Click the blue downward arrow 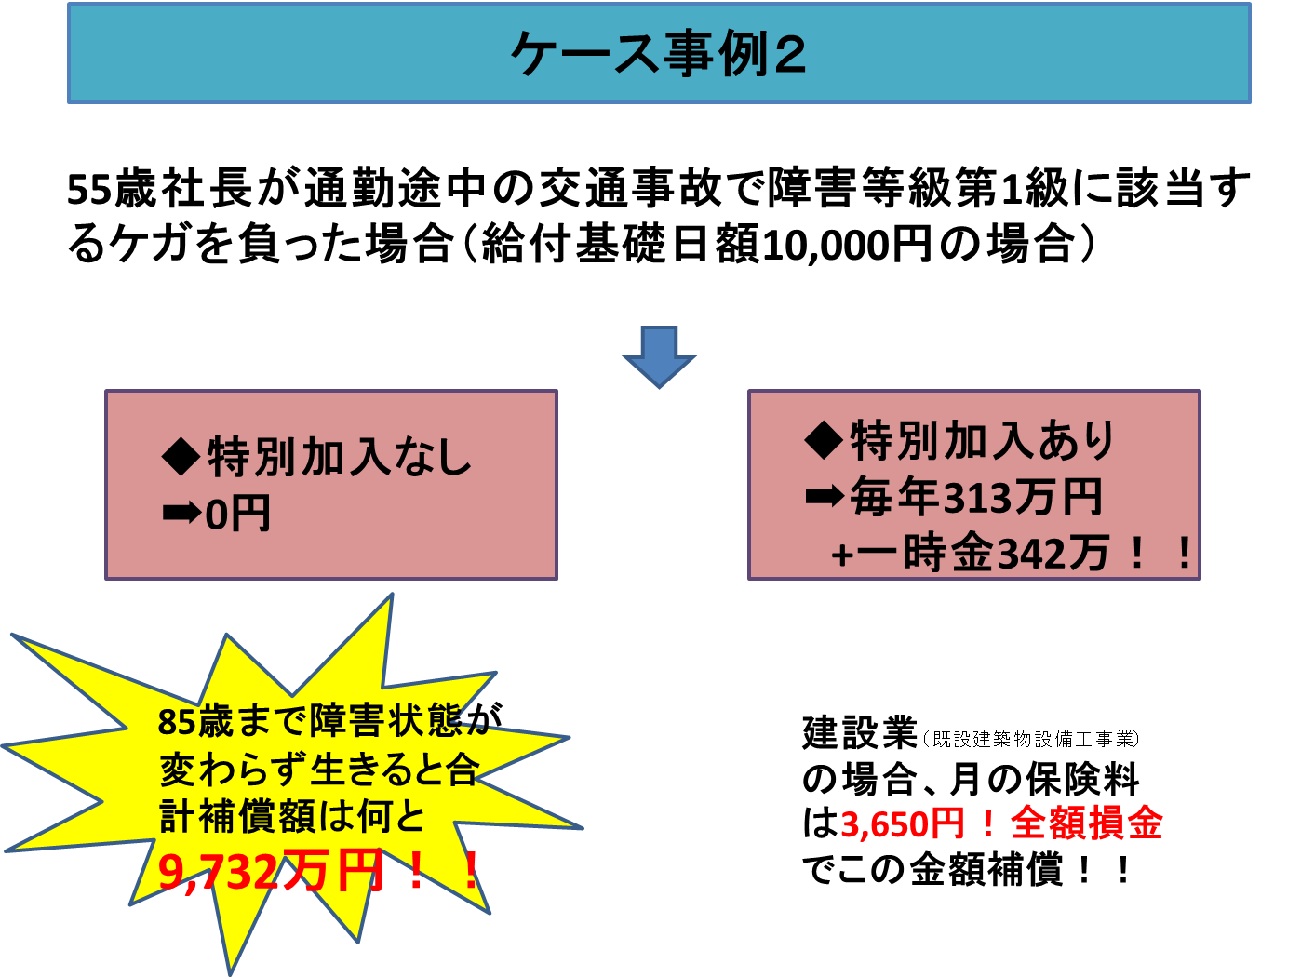pos(659,356)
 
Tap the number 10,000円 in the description pos(846,245)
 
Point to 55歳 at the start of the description pos(112,189)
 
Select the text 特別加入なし pos(339,457)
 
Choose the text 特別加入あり pos(982,440)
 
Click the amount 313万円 pos(1023,497)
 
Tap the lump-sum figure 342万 pos(1053,553)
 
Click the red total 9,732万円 pos(270,872)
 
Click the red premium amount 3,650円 pos(903,823)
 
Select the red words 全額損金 pos(1087,823)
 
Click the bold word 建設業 pos(861,733)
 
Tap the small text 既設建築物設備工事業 pos(1031,739)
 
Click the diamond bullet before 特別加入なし pos(181,457)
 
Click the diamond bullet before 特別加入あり pos(824,440)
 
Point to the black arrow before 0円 pos(181,513)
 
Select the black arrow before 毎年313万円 pos(825,496)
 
